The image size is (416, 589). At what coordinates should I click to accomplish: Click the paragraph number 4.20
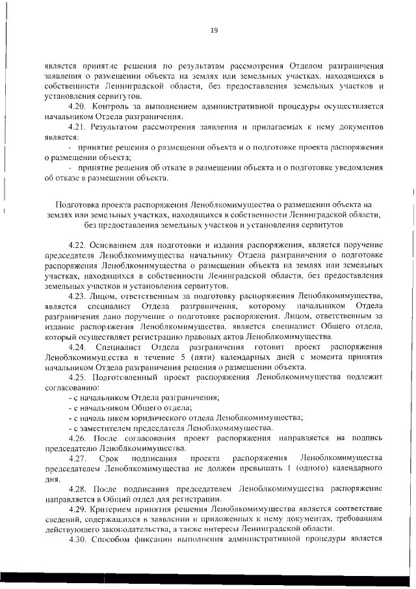point(77,105)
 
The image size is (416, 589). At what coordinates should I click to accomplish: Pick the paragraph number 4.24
point(78,346)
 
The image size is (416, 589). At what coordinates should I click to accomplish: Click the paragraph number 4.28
point(77,488)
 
